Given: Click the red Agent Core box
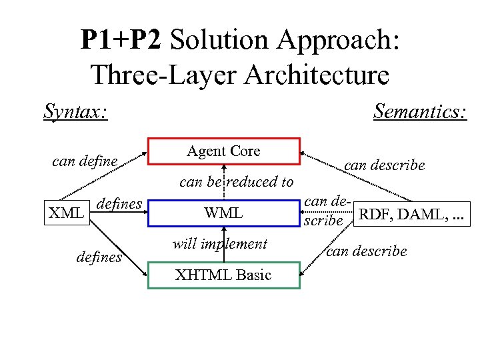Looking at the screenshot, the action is tap(223, 151).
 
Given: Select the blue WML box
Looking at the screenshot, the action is tap(223, 214).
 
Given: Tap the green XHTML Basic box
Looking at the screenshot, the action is tap(223, 275).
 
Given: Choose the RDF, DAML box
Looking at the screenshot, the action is tap(413, 214).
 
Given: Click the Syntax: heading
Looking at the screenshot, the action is tap(76, 111).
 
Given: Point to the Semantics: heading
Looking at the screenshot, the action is tap(419, 111).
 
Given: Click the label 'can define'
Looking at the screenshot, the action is tap(85, 161).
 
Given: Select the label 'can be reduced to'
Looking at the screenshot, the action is tap(237, 181).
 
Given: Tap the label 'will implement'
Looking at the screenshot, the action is tap(219, 244).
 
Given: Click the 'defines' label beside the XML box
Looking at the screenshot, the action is tap(120, 203).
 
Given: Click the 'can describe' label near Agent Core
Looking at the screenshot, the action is tap(385, 165).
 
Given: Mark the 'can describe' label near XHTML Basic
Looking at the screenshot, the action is tap(366, 251).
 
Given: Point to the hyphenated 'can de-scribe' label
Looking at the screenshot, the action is tap(326, 211).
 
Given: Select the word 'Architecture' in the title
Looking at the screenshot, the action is tap(317, 75).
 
